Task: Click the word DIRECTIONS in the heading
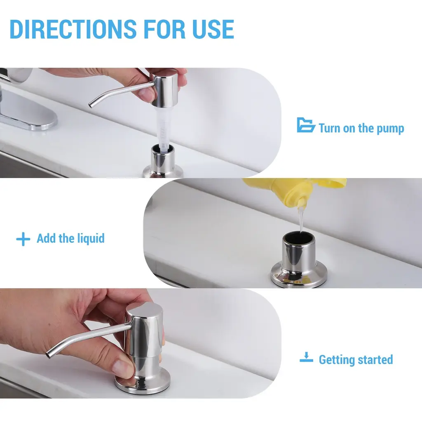(73, 29)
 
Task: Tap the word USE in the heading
(213, 29)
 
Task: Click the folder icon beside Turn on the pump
(306, 125)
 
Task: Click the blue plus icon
(23, 239)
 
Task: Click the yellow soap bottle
(299, 192)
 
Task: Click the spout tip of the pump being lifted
(91, 105)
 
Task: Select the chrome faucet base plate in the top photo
(27, 113)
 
